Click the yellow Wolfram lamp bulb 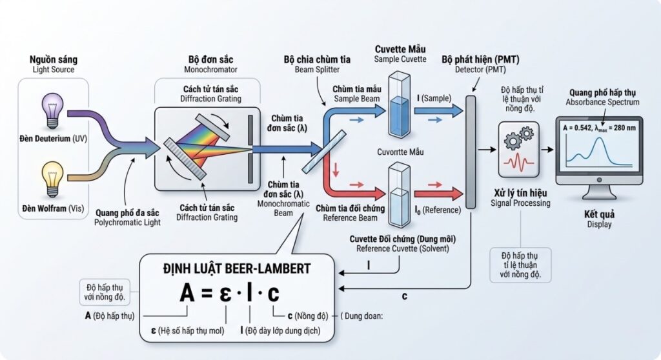[x=52, y=174]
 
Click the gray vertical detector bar [x=471, y=148]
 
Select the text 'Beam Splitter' [x=317, y=70]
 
